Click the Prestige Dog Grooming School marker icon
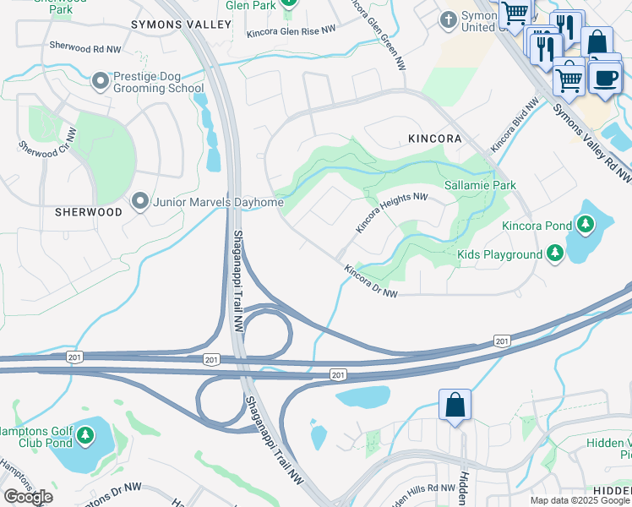101,81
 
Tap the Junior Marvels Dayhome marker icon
140,202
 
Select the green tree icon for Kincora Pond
584,225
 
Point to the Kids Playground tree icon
554,253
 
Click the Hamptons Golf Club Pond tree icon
84,435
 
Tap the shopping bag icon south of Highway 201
455,405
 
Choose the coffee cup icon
604,79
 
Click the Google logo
28,497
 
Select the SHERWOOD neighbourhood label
89,212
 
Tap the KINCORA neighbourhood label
434,138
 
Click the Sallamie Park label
480,184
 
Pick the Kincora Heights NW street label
391,212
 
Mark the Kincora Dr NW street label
370,281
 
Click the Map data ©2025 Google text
580,500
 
